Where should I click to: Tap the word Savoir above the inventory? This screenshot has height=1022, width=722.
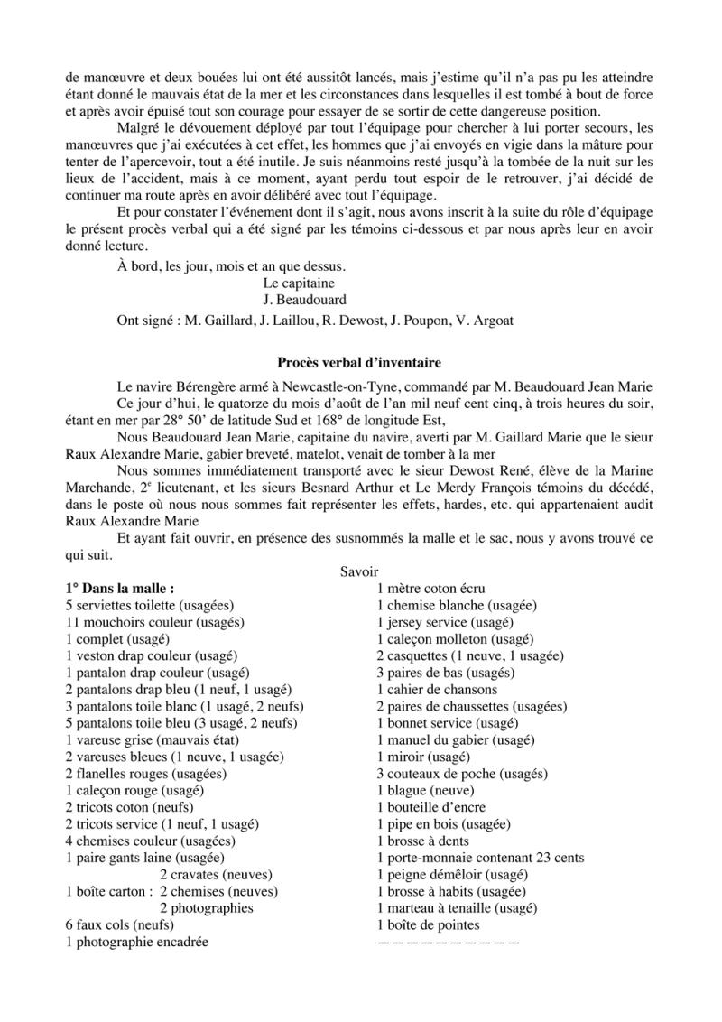click(359, 571)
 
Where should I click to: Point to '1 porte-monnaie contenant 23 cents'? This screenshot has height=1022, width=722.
click(480, 857)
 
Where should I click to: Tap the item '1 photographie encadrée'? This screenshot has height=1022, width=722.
click(136, 942)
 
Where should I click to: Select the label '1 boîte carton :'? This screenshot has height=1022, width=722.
click(107, 891)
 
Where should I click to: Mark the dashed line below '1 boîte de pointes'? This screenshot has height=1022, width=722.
click(448, 942)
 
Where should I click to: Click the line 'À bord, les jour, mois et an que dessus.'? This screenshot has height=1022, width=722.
click(232, 266)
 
